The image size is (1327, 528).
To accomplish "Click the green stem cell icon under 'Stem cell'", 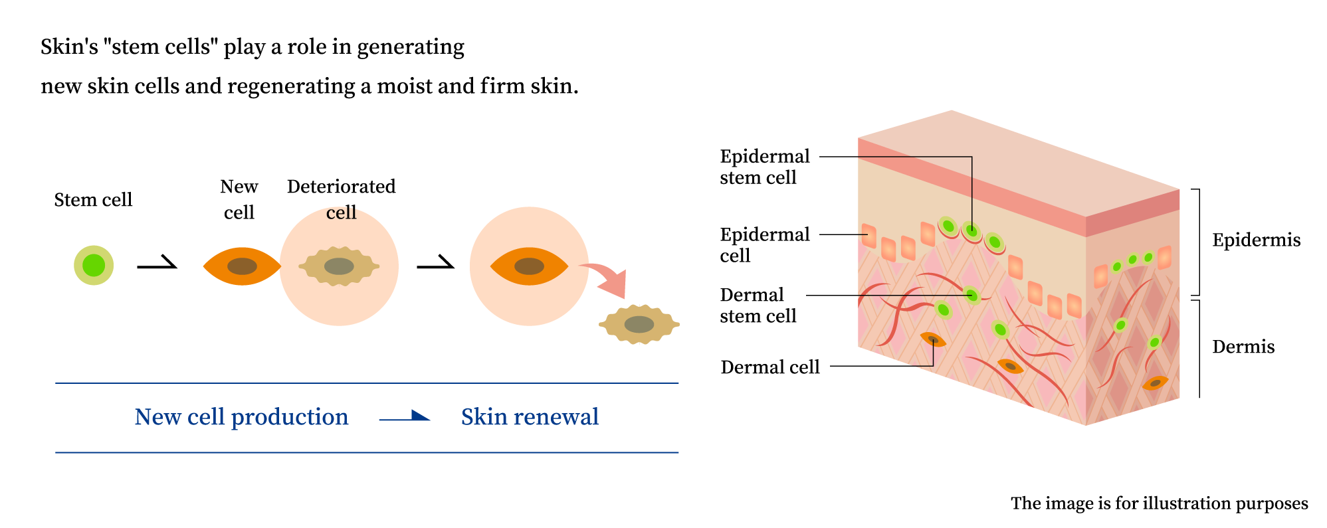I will coord(94,265).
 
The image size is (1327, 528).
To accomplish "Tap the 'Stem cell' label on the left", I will coord(93,200).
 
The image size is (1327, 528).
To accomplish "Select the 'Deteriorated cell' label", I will coord(341,199).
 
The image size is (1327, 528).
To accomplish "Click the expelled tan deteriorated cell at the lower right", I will coord(639,324).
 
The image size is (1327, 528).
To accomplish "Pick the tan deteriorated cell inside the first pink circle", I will coord(339,266).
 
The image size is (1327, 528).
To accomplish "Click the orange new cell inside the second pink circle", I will coord(529,266).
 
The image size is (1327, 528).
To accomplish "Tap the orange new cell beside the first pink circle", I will coord(242,266).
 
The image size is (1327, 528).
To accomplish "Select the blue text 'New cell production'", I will coord(241,417).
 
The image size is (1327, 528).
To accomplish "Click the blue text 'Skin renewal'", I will coord(530,417).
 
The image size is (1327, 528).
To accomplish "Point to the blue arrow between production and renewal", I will coord(405,417).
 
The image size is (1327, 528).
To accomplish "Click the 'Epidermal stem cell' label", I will coord(764,167).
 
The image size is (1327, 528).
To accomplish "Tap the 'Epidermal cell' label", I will coord(764,244).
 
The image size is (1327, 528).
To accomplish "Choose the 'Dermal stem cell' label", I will coord(758,305).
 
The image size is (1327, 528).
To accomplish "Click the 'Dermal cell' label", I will coord(769,367).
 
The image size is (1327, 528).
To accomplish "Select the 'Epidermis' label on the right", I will coord(1256,240).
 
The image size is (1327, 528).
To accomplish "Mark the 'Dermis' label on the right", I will coord(1243,347).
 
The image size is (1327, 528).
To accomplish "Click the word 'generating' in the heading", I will coord(411,47).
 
